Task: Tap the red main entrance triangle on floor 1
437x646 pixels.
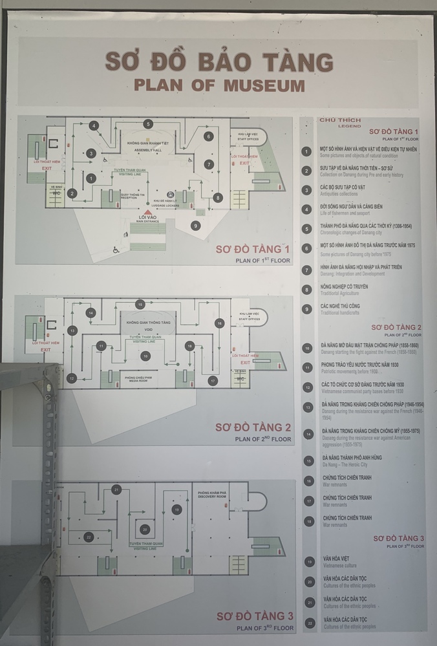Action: pyautogui.click(x=148, y=211)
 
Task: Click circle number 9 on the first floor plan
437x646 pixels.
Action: pyautogui.click(x=195, y=225)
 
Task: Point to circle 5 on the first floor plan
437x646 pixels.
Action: pyautogui.click(x=148, y=124)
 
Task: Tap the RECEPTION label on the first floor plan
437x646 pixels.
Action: pyautogui.click(x=132, y=200)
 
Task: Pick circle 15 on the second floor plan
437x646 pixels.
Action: pyautogui.click(x=140, y=304)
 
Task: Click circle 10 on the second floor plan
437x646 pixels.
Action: pyautogui.click(x=145, y=356)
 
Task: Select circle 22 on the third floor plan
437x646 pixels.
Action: pyautogui.click(x=89, y=537)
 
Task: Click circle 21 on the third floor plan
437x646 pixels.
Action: pyautogui.click(x=116, y=490)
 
